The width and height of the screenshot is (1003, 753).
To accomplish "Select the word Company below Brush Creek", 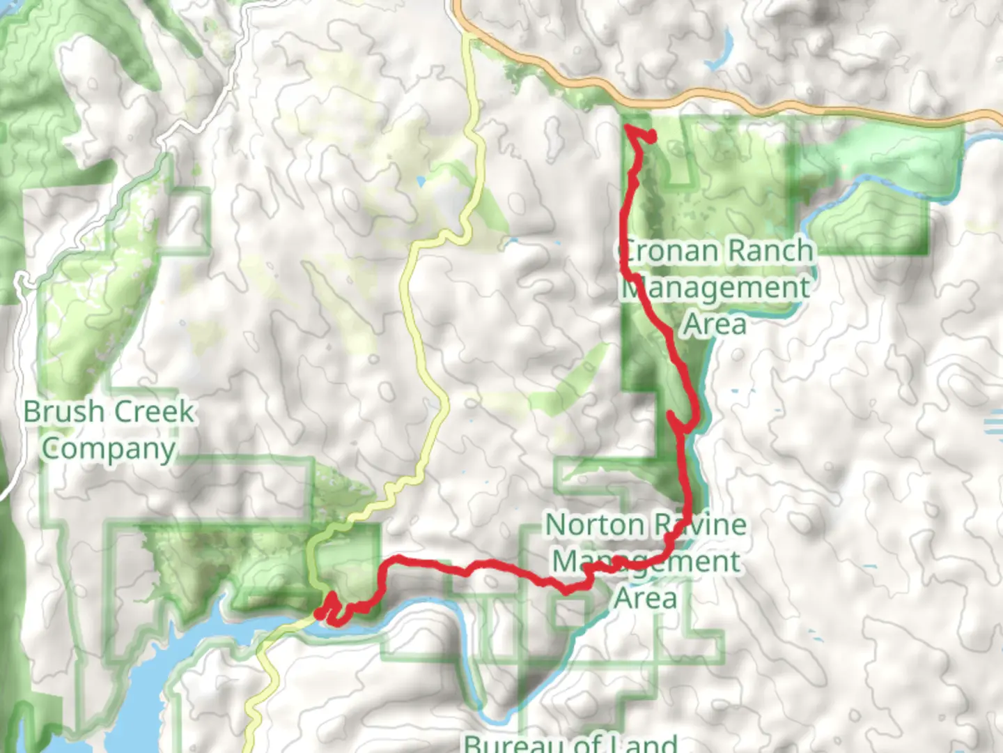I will tap(108, 449).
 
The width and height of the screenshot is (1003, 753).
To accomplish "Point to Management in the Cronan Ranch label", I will tap(715, 287).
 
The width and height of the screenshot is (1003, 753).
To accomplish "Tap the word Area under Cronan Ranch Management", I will tap(715, 324).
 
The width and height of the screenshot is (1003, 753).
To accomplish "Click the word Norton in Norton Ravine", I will tap(593, 525).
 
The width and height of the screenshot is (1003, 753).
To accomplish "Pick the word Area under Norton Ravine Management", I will tap(645, 598).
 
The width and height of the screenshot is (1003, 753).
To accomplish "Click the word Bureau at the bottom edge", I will tap(511, 743).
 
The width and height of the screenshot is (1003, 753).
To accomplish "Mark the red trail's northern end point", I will tap(651, 137).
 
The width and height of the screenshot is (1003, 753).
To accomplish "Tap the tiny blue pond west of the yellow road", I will tap(420, 182).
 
